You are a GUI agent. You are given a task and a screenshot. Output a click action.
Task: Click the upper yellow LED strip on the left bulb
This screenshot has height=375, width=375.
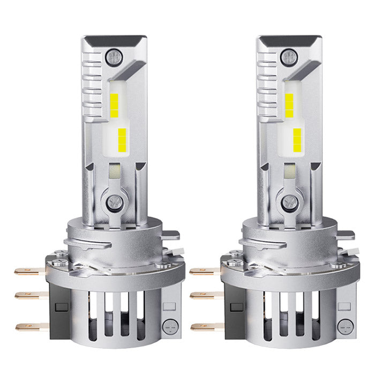pos(115,105)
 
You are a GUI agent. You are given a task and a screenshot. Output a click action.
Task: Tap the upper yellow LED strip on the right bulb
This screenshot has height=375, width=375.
pos(289,105)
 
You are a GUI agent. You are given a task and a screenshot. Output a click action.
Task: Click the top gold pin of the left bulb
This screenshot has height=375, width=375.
pos(27,272)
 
